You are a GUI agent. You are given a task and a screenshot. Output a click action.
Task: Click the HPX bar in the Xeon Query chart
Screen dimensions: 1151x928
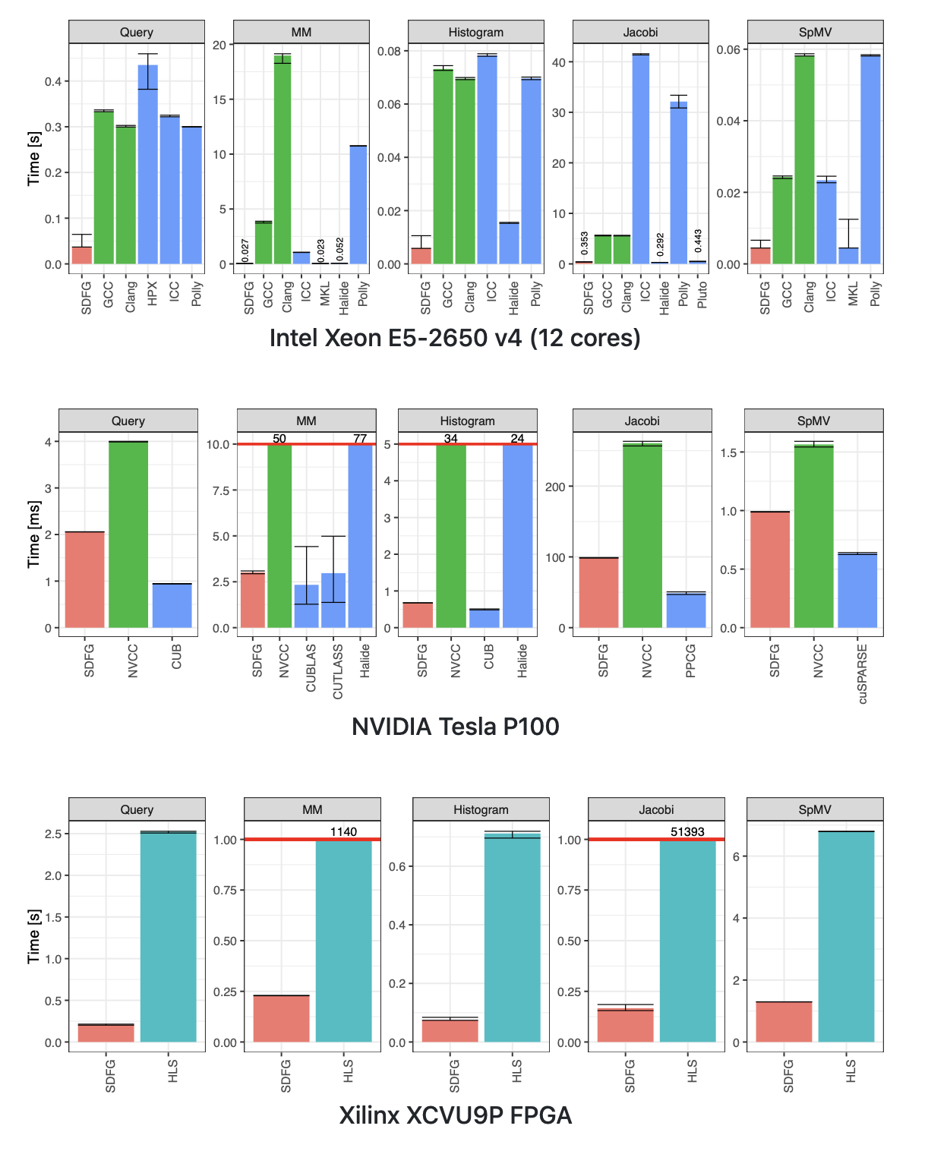pos(148,167)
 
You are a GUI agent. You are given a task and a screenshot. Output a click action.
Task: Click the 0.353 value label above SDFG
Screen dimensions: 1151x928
pos(585,244)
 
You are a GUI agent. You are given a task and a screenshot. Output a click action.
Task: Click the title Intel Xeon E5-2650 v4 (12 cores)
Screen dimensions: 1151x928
pos(455,338)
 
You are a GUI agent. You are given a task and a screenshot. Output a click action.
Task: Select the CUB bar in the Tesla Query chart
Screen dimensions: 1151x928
pos(172,606)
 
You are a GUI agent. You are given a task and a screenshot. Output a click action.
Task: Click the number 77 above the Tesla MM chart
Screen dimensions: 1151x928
pos(360,439)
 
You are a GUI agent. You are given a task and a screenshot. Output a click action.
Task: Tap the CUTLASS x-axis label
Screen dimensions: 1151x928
pos(338,672)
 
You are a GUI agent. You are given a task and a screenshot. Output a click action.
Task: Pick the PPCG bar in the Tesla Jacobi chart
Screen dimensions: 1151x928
pos(687,610)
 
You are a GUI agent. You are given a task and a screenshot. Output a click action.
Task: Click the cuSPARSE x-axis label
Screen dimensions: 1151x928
pos(863,674)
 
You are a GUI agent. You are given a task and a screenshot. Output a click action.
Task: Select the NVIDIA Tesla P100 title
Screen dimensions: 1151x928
pos(455,727)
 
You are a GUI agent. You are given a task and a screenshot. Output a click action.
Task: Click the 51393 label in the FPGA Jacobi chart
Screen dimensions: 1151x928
pos(687,832)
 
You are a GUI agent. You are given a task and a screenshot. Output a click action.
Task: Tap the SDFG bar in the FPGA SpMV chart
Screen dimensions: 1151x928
pos(784,1022)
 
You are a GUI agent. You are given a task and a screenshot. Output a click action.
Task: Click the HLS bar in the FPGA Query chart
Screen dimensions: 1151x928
pos(169,938)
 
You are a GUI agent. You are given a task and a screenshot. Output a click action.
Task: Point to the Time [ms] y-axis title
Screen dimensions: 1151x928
pos(33,534)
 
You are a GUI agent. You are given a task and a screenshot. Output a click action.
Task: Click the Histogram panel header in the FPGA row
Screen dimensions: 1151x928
pos(481,809)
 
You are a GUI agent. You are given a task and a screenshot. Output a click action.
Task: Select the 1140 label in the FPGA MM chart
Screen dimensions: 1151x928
pos(343,832)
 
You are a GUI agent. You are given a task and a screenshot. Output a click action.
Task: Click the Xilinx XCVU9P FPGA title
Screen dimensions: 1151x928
pos(455,1115)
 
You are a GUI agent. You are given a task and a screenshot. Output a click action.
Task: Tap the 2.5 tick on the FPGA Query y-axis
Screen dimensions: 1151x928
pos(53,834)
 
